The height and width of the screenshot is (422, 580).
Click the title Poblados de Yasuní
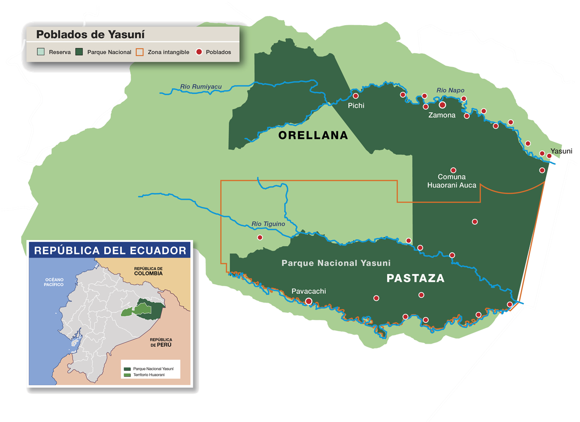(x=91, y=35)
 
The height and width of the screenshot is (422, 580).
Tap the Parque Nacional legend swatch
(x=80, y=52)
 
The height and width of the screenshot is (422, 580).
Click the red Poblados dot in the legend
(x=199, y=52)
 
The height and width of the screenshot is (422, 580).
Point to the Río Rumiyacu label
(x=201, y=87)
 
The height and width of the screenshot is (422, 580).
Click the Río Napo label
(x=450, y=90)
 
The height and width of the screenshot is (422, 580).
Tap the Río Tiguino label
(x=268, y=224)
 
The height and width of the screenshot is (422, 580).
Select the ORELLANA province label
(x=313, y=136)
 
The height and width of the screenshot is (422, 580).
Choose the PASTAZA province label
(x=415, y=279)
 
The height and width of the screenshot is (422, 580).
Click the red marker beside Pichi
(x=356, y=96)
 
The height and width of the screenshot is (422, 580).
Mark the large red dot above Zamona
(x=442, y=105)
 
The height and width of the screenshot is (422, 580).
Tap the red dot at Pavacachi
(x=309, y=301)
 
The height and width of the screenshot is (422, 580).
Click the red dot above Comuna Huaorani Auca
(x=453, y=170)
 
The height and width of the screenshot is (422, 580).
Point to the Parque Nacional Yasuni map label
(x=336, y=263)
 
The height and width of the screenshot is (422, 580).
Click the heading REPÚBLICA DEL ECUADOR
(x=110, y=250)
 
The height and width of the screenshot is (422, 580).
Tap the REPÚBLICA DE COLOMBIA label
(x=149, y=271)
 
